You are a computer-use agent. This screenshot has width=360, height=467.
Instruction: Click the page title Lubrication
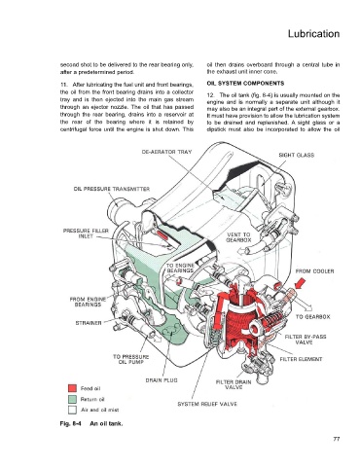click(x=313, y=34)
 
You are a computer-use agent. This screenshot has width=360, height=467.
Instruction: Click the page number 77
click(x=337, y=439)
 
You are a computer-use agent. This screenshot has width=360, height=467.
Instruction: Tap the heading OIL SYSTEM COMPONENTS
click(x=245, y=84)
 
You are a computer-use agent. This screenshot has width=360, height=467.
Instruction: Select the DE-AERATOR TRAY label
click(x=166, y=152)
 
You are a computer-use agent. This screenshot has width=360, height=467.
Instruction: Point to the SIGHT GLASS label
click(x=297, y=155)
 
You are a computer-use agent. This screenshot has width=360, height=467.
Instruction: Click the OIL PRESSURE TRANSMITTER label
click(x=112, y=189)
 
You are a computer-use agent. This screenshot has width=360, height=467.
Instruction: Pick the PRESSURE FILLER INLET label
click(x=86, y=233)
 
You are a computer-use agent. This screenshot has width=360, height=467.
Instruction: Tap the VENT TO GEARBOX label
click(x=238, y=237)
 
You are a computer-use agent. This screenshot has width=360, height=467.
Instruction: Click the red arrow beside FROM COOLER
click(x=298, y=285)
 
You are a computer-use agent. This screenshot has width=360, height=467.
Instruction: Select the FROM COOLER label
click(x=314, y=271)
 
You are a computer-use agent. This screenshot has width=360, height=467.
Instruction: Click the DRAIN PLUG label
click(x=162, y=380)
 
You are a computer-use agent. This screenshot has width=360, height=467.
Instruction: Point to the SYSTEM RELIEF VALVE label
click(x=207, y=404)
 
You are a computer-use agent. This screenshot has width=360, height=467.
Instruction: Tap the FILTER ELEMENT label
click(x=301, y=359)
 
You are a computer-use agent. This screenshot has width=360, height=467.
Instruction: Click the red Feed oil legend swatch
click(x=72, y=388)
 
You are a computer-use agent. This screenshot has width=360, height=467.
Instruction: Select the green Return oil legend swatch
click(x=72, y=399)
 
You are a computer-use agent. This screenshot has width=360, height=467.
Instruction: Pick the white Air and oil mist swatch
click(x=72, y=410)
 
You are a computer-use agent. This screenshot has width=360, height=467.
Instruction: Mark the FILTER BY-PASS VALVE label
click(x=306, y=340)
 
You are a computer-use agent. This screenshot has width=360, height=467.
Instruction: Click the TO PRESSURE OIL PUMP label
click(x=130, y=359)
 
